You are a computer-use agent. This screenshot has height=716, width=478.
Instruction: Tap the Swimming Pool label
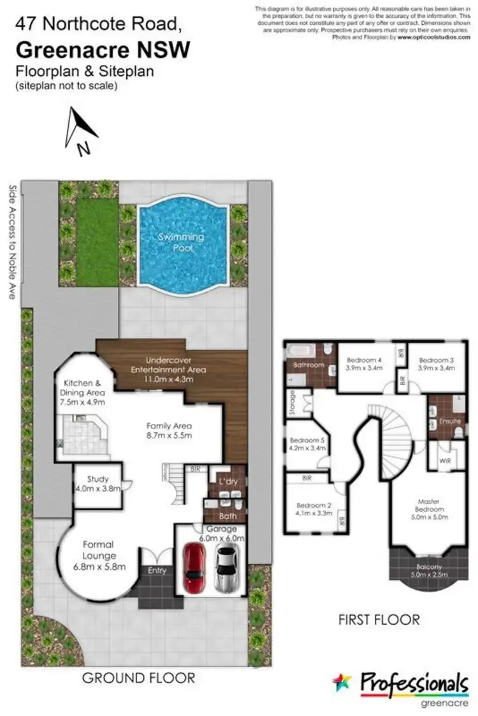coord(182,242)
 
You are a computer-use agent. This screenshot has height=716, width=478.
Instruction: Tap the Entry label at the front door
coord(157,571)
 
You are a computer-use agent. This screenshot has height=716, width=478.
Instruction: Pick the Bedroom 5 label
coord(307,440)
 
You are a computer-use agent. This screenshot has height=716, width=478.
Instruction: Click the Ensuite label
coord(450,422)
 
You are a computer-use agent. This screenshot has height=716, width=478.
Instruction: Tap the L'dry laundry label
coord(228,481)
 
